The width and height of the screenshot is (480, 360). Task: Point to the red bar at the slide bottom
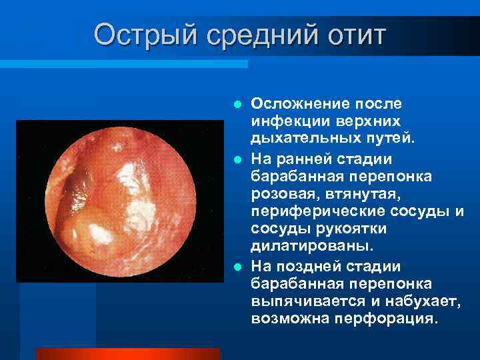tap(127, 353)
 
